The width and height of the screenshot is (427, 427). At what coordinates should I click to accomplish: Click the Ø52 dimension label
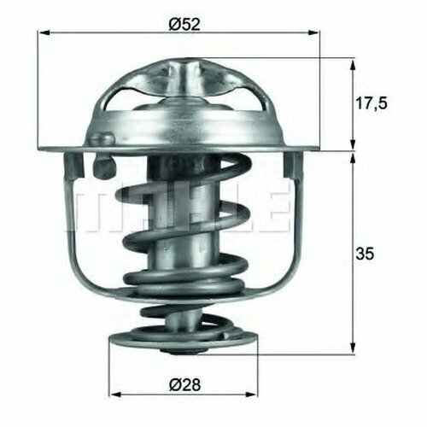coord(184,25)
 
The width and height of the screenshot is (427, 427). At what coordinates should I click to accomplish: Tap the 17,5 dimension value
coord(371,103)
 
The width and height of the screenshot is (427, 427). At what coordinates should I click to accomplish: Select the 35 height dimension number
coord(365,254)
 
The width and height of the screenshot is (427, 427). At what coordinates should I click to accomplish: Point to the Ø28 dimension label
coord(184,384)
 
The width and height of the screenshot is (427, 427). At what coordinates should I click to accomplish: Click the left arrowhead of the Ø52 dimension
coord(44,33)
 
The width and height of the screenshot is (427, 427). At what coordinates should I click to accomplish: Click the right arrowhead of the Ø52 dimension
coord(313,33)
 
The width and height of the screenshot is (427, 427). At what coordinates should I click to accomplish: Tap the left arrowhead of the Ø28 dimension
coord(116,395)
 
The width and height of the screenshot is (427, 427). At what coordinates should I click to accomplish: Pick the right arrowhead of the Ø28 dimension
coord(251,395)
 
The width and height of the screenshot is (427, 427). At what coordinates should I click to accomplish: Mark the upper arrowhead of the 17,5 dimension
coord(353,65)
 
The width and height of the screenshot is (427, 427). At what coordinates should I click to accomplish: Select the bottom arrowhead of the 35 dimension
coord(353,348)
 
